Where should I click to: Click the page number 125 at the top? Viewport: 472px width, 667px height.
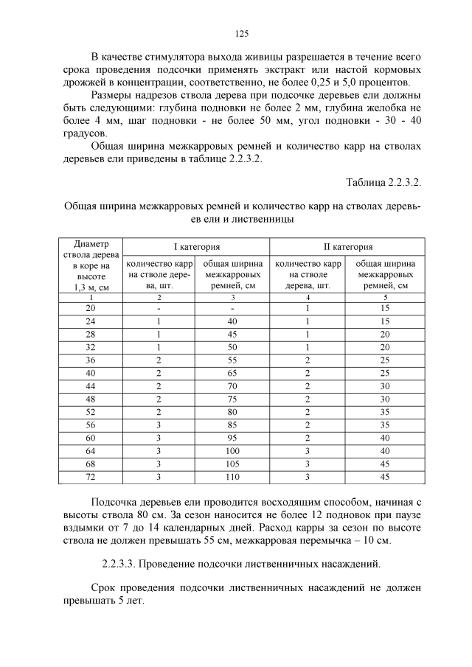[240, 33]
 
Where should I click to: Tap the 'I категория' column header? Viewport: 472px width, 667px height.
[196, 247]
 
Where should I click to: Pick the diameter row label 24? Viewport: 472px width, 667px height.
[91, 322]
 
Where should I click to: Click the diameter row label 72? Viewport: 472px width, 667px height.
[91, 478]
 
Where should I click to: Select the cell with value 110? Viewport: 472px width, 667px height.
[232, 478]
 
